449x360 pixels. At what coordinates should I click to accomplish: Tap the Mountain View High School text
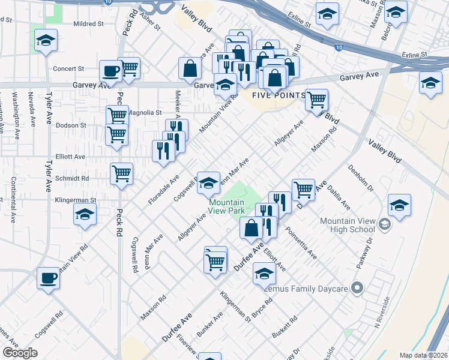(348, 226)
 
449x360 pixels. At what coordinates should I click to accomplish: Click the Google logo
(20, 353)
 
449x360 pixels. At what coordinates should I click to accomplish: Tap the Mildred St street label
(89, 25)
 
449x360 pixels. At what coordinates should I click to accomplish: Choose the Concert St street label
(68, 69)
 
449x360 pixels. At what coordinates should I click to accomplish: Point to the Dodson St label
(71, 125)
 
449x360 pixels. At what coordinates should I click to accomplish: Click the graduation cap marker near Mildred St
(46, 40)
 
